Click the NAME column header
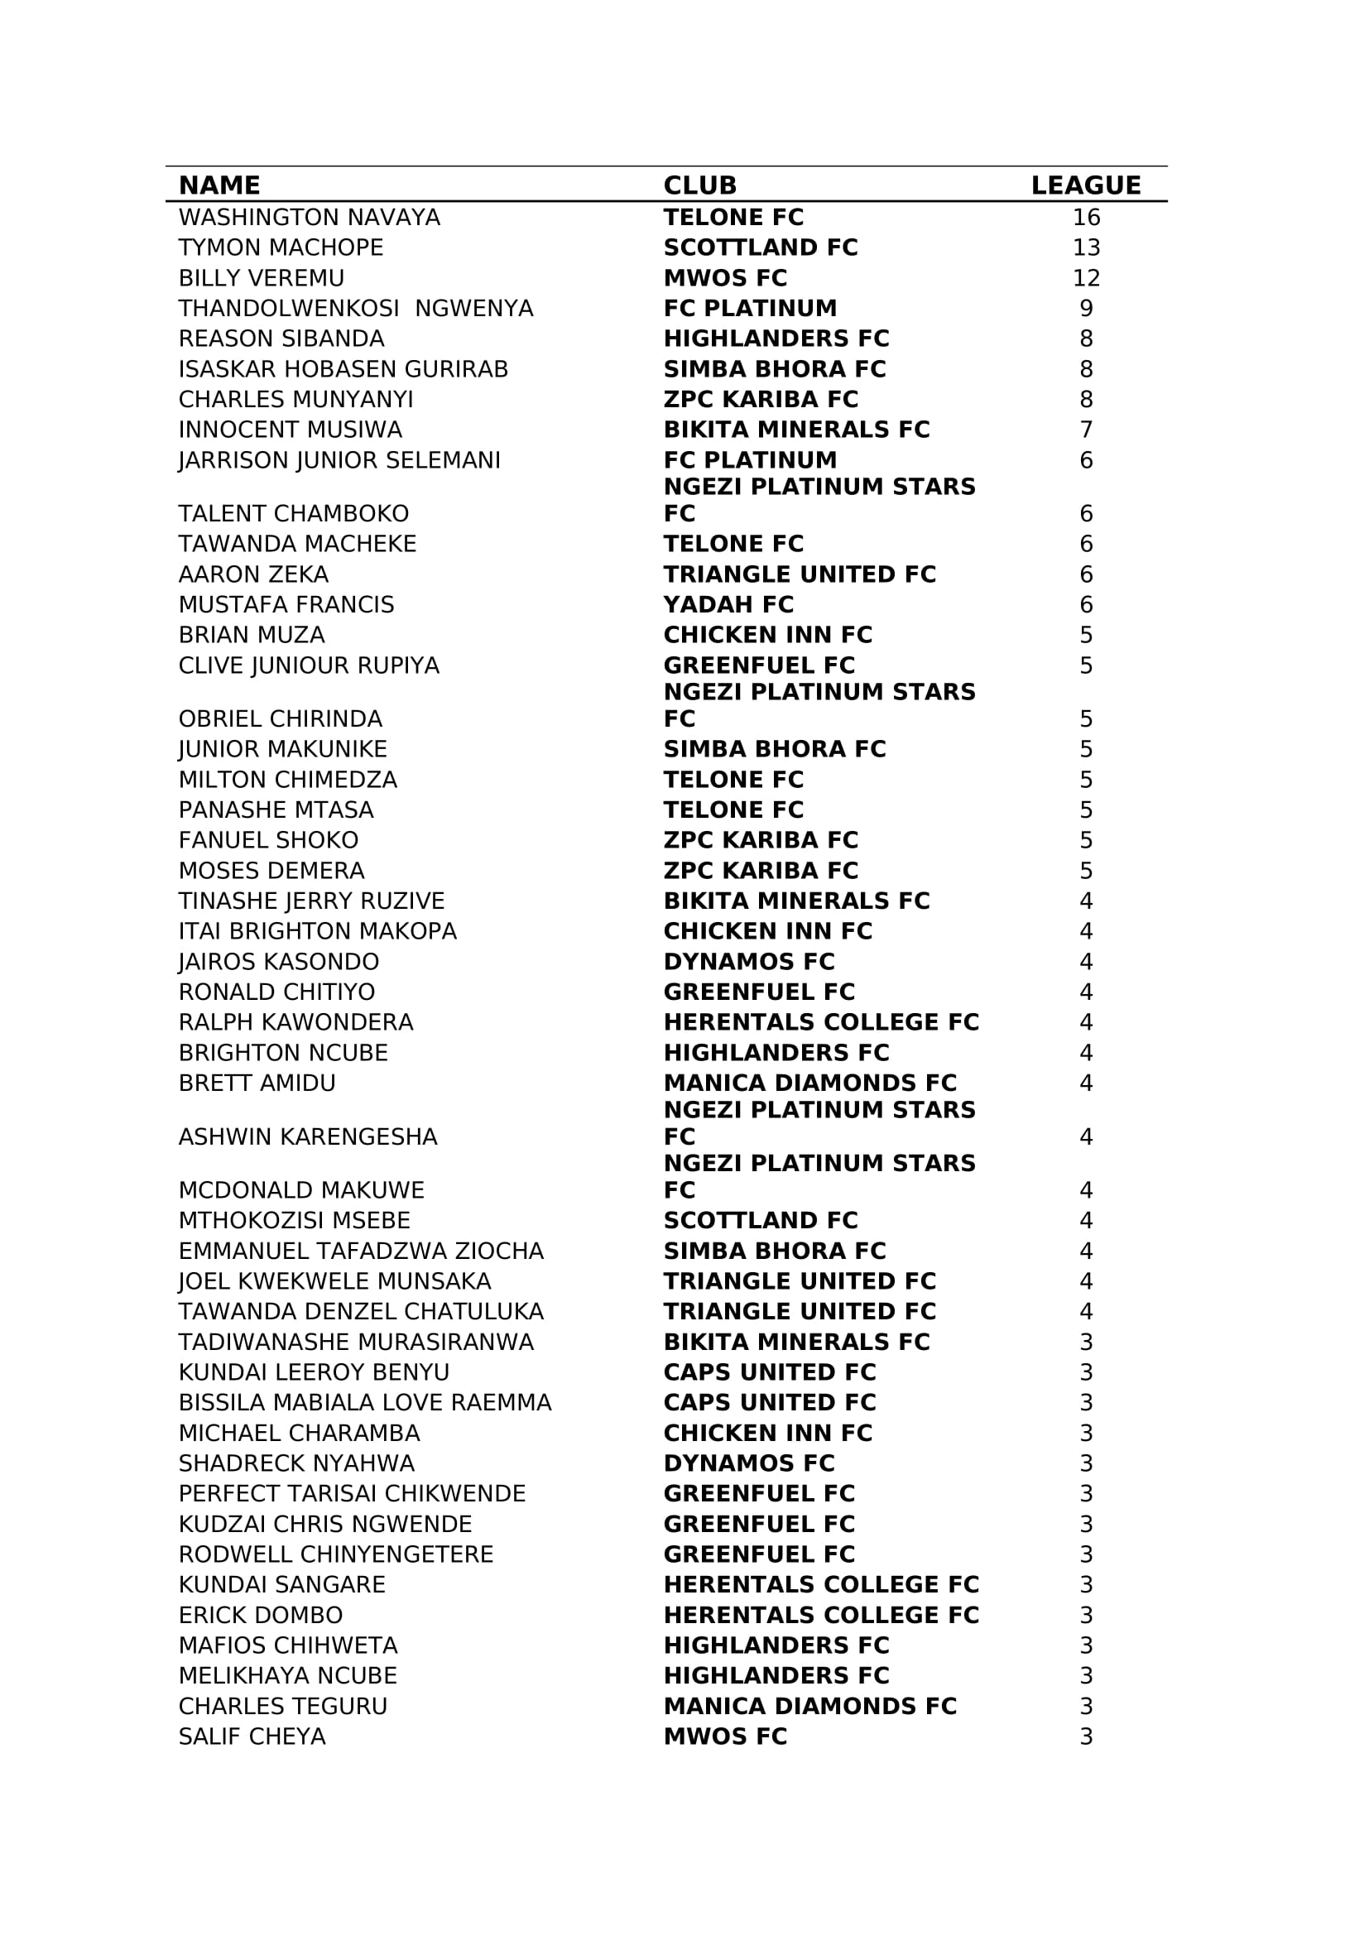point(219,185)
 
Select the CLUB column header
point(699,185)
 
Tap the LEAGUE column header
point(1086,185)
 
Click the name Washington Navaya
point(310,218)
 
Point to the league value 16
point(1086,218)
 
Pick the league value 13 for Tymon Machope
point(1086,248)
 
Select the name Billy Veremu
point(262,278)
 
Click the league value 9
point(1086,309)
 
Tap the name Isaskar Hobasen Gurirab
point(343,369)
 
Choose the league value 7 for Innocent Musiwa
point(1086,430)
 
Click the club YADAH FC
point(728,604)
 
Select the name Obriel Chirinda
point(280,719)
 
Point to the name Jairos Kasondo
point(278,962)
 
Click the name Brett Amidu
point(257,1083)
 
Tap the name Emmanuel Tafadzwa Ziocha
point(361,1251)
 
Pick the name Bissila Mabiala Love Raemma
point(364,1403)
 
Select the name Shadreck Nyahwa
point(295,1464)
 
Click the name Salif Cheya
point(252,1737)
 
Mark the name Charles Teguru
point(282,1707)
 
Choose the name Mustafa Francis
point(286,604)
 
